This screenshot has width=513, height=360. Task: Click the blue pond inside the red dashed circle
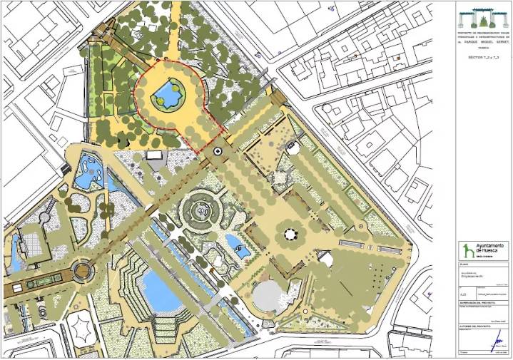(x=168, y=94)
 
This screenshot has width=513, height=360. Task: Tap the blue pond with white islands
(x=88, y=172)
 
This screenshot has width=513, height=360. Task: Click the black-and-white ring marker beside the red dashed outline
(x=218, y=151)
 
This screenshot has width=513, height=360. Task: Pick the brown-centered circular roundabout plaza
(x=82, y=271)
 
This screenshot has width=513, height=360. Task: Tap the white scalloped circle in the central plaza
(x=290, y=234)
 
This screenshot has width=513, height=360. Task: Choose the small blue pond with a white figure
(x=241, y=250)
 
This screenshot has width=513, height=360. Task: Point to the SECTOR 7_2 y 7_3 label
(x=483, y=55)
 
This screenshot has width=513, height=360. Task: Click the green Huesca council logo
(x=467, y=250)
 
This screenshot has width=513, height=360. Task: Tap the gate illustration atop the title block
(x=483, y=16)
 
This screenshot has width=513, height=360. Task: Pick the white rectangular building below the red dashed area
(x=155, y=155)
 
